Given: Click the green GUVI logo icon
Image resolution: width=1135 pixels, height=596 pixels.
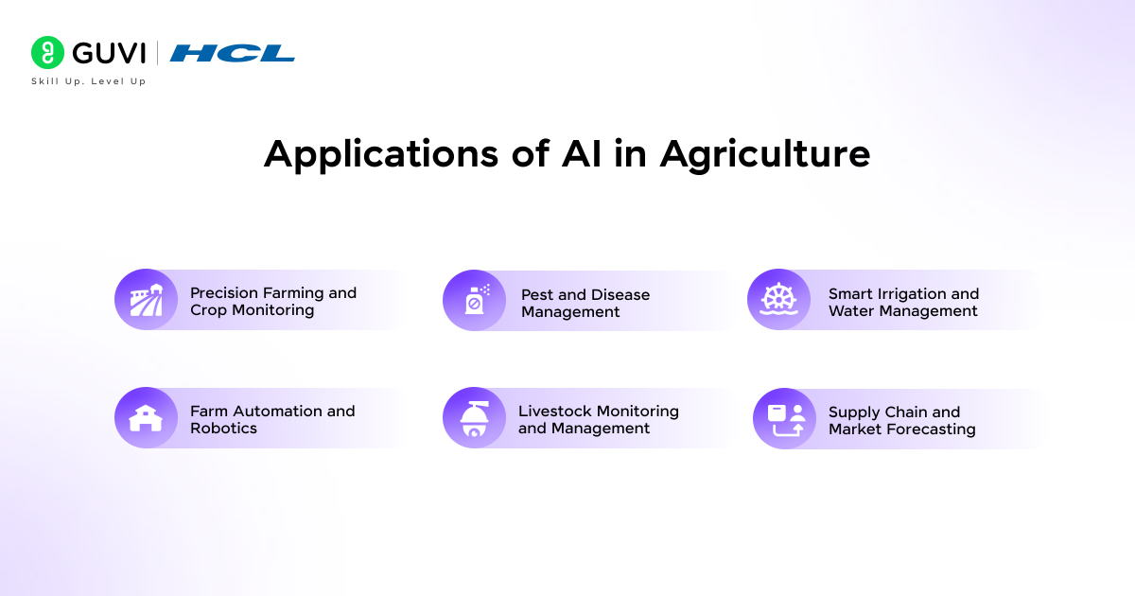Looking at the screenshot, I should point(48,53).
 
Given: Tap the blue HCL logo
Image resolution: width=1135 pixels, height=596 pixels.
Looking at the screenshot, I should point(233,53).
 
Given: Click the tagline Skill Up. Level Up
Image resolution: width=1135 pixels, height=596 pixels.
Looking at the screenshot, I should point(89,81).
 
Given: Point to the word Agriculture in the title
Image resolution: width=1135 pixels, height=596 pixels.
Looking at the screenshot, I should point(764,153).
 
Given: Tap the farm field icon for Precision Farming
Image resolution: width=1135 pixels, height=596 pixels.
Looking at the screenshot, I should point(145,300).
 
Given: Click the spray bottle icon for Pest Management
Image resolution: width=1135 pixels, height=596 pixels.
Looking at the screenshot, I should point(473,301).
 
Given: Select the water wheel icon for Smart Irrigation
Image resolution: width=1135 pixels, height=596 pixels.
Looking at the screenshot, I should point(778,300).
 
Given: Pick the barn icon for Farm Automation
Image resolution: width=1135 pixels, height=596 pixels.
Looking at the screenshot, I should point(145,417).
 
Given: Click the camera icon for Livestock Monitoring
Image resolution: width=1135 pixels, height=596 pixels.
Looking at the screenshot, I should point(473,418).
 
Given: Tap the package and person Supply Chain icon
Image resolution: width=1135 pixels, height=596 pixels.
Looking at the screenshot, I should point(784,419).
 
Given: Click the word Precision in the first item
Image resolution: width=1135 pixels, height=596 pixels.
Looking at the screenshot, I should point(223,293).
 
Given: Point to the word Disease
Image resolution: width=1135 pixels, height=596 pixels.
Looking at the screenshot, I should point(620,295).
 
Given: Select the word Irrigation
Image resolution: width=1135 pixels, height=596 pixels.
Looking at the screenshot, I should point(909,294).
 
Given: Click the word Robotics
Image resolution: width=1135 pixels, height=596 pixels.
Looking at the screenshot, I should point(223,429).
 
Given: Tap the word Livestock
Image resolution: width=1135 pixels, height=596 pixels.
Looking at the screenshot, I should point(552,412).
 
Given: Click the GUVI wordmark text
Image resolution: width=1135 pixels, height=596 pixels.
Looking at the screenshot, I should point(109,53).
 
